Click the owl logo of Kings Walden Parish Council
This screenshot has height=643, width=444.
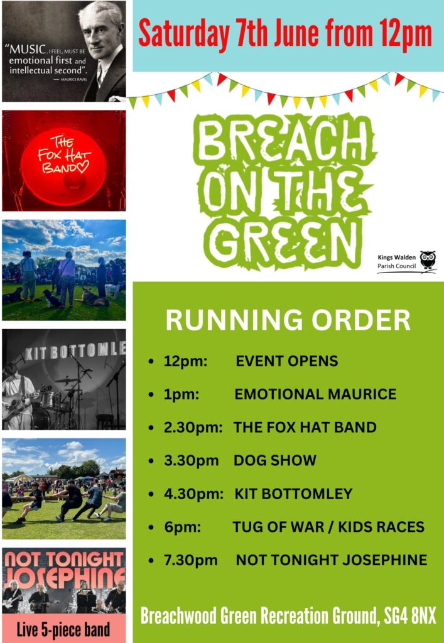428,260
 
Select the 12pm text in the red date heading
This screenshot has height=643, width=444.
405,35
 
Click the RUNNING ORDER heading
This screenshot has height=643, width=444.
288,320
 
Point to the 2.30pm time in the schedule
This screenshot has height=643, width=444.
193,427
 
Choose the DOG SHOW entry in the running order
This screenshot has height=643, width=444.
274,460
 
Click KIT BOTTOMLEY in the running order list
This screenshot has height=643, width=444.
293,494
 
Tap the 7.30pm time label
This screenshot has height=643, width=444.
191,560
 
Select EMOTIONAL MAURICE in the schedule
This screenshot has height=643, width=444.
315,394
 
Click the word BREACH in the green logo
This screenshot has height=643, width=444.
283,139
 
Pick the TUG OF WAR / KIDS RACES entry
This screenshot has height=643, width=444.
328,527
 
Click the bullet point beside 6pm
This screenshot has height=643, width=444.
151,527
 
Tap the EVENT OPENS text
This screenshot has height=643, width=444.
286,361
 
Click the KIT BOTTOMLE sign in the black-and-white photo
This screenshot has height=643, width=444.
75,350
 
